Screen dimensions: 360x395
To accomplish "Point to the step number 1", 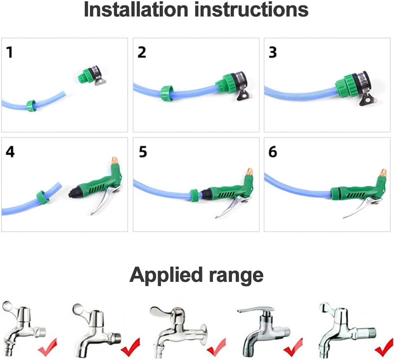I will point(9,52).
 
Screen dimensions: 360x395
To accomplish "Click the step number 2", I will point(142,52).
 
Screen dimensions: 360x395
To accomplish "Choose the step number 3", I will point(272,52).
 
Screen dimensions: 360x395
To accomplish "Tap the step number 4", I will point(10,152).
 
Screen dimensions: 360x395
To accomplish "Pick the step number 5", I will point(143,152).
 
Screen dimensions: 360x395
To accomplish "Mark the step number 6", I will point(273,152).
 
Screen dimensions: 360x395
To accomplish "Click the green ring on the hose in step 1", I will point(31,106).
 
